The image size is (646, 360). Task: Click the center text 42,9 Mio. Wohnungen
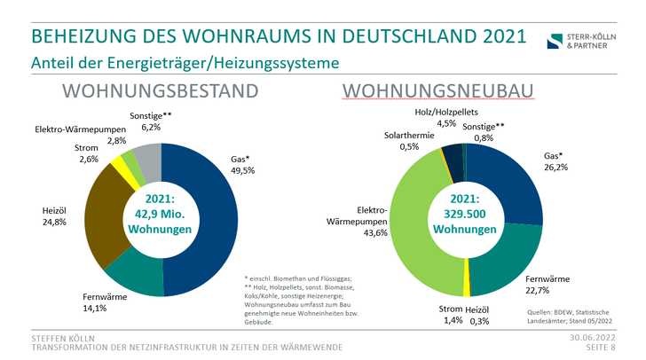click(161, 215)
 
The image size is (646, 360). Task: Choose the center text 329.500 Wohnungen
click(466, 215)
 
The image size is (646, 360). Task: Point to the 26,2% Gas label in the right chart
click(556, 160)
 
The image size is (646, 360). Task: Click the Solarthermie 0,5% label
click(409, 141)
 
